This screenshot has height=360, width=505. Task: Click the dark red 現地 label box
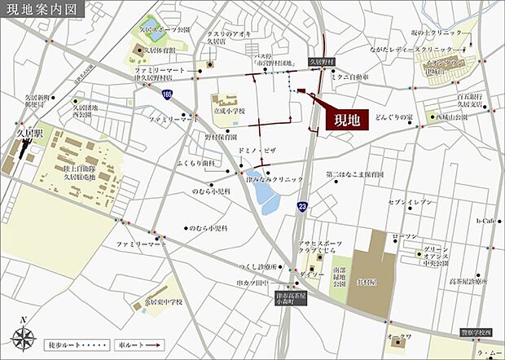pos(347,119)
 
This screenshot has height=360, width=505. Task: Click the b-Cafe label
pos(486,220)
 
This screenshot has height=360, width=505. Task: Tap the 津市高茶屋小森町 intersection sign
pos(286,296)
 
